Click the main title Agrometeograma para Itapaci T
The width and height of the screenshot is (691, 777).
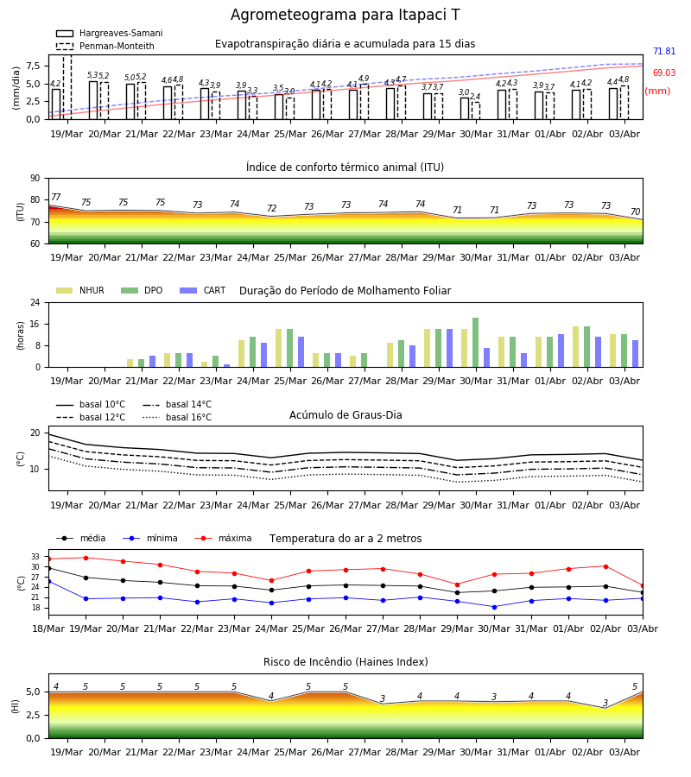[x=345, y=15]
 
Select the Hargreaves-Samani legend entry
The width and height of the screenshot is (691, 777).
[x=110, y=33]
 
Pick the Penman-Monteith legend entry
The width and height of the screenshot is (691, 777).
[x=105, y=46]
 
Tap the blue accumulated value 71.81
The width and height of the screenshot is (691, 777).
[x=664, y=51]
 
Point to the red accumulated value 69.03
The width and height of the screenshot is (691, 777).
[x=664, y=73]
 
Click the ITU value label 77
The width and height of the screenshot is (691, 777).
[x=56, y=197]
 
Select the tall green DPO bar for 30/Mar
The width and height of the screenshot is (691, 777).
[x=475, y=343]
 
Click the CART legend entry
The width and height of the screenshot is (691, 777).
[x=203, y=290]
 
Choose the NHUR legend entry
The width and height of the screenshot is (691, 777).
[x=80, y=290]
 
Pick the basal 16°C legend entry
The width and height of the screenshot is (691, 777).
[x=177, y=417]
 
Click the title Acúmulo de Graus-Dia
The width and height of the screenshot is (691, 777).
[x=345, y=415]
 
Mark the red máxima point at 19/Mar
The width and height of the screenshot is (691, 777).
[x=86, y=558]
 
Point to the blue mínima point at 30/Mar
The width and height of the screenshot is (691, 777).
[x=494, y=607]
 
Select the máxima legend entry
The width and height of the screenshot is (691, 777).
[x=224, y=538]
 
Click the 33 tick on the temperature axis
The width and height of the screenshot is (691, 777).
[x=35, y=557]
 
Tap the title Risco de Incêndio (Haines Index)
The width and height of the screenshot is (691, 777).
[x=345, y=662]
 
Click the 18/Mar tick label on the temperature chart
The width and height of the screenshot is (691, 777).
[x=48, y=629]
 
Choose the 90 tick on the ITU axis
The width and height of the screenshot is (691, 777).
[x=35, y=179]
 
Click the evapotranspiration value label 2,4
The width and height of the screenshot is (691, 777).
[x=475, y=97]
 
